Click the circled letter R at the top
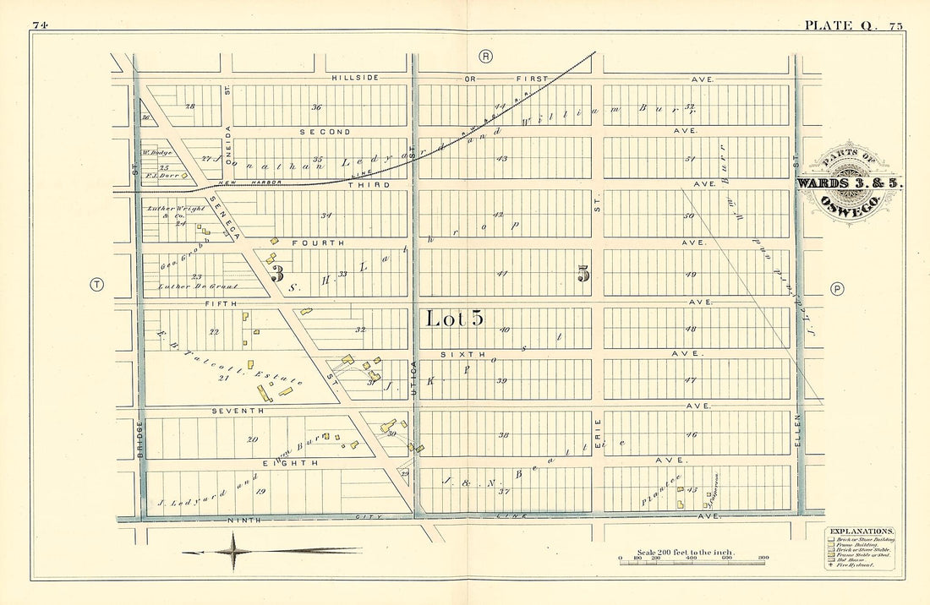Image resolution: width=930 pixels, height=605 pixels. pyautogui.click(x=485, y=57)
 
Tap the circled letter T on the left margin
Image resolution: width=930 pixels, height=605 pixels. pyautogui.click(x=97, y=285)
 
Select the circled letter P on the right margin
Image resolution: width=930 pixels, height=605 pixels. pyautogui.click(x=837, y=288)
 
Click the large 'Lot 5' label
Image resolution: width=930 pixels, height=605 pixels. pyautogui.click(x=453, y=319)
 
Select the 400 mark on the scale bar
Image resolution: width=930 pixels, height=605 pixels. pyautogui.click(x=692, y=559)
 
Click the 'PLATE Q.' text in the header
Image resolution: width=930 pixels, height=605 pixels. pyautogui.click(x=838, y=25)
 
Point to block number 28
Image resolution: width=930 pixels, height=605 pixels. pyautogui.click(x=189, y=106)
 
